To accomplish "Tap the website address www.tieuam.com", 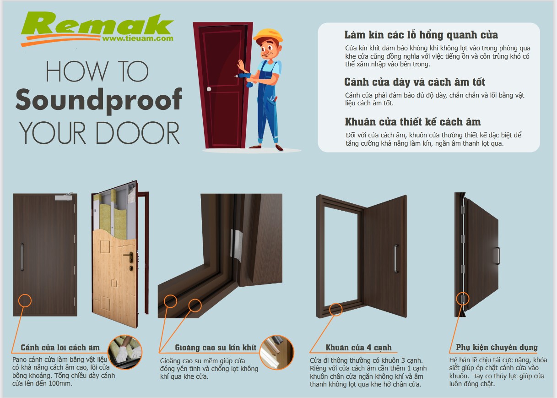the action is coord(138,38).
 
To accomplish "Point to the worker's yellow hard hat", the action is coord(268,36).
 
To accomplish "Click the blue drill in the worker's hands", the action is coord(245,79).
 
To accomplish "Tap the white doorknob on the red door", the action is coord(209,89).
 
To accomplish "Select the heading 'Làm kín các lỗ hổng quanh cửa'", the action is coord(421,35).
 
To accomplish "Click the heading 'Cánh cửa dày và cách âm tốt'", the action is coord(415,82).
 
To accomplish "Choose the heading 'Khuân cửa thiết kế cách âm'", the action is coord(413,122).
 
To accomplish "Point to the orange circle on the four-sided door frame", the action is coord(336,310).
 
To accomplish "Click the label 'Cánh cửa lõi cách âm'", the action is coord(60,348).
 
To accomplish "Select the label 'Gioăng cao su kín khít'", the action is coord(216,348).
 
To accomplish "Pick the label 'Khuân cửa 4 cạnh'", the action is coord(358,348).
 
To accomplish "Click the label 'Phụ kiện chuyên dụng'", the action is coord(497,347).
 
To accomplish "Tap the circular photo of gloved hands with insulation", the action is coord(125,352).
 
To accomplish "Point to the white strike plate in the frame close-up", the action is coord(236,245).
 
